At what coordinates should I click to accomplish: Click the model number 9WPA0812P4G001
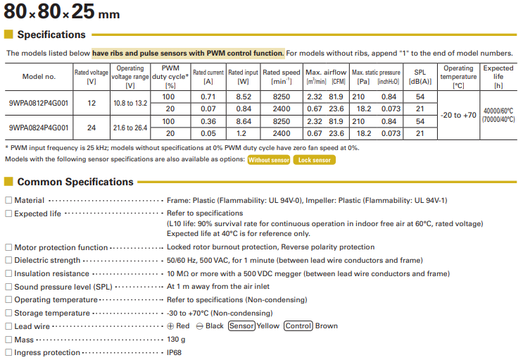(39, 101)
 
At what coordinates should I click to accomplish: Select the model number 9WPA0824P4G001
(39, 128)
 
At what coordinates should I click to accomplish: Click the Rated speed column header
(281, 77)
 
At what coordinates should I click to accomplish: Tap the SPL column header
(420, 77)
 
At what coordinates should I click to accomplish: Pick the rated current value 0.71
(208, 97)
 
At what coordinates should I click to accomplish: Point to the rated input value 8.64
(243, 121)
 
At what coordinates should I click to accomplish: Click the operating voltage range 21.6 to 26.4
(130, 128)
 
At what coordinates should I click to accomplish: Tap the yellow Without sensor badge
(268, 160)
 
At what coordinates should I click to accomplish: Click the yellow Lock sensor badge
(314, 160)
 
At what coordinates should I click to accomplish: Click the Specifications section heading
(51, 35)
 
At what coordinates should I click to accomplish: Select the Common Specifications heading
(75, 182)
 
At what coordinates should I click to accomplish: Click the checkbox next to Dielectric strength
(8, 261)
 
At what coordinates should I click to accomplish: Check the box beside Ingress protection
(8, 352)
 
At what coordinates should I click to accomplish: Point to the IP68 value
(174, 352)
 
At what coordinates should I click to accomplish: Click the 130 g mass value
(175, 340)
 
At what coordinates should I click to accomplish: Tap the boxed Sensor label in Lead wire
(241, 326)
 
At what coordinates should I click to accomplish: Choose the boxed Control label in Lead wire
(298, 326)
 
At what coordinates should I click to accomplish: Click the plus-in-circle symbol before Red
(170, 326)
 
